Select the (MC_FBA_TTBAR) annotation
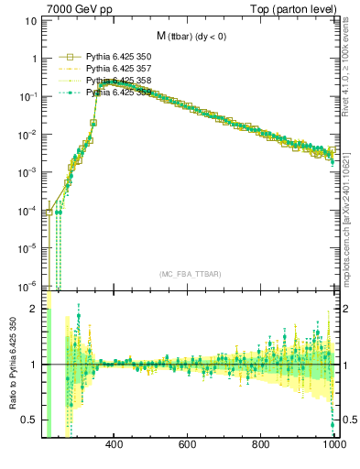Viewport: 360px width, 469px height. coord(191,275)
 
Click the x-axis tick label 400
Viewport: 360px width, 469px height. coord(115,446)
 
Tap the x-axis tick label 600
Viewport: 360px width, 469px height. coord(188,446)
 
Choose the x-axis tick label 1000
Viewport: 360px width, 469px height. coord(333,446)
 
